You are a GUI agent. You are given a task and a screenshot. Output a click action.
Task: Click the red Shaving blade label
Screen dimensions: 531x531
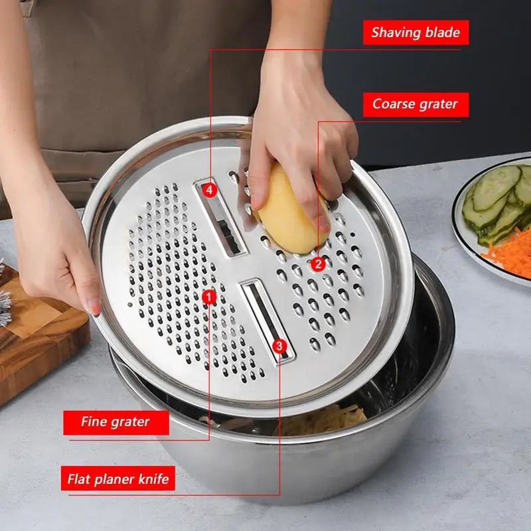[x=416, y=33]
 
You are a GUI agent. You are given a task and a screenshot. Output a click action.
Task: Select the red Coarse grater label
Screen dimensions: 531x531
[x=416, y=104]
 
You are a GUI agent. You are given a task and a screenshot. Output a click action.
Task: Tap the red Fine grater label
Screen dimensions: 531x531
[x=116, y=421]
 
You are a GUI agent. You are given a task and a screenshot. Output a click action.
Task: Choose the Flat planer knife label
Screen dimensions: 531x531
[x=119, y=478]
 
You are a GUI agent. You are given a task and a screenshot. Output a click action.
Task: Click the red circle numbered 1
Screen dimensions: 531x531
[x=210, y=297]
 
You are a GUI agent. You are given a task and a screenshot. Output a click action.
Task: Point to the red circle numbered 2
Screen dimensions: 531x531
[x=318, y=264]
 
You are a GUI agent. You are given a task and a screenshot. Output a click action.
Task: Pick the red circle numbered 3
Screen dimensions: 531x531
[x=279, y=345]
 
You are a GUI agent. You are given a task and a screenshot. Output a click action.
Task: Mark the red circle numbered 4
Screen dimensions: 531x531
[x=210, y=190]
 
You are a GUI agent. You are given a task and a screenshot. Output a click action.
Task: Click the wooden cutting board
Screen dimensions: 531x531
[x=40, y=345]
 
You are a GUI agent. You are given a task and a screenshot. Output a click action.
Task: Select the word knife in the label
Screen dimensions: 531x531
[x=153, y=478]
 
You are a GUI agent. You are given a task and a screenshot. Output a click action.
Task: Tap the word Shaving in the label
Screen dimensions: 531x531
[x=396, y=33]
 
